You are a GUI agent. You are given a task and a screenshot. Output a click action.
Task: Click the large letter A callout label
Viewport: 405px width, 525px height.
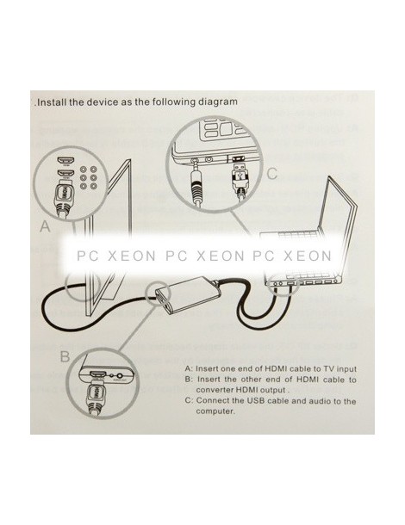pyautogui.click(x=45, y=226)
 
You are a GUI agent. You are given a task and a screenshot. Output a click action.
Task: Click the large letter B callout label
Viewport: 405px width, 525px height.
pyautogui.click(x=65, y=356)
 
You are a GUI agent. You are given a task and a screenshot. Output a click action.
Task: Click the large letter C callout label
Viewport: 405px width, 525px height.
pyautogui.click(x=272, y=173)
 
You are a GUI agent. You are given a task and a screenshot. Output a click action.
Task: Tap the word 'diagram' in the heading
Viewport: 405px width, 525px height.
pyautogui.click(x=218, y=102)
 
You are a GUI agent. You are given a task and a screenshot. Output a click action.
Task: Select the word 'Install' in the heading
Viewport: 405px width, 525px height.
pyautogui.click(x=52, y=102)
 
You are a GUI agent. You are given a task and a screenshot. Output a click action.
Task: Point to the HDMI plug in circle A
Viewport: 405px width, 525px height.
pyautogui.click(x=65, y=198)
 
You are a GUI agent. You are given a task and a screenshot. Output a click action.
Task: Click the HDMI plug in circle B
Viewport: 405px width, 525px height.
pyautogui.click(x=96, y=396)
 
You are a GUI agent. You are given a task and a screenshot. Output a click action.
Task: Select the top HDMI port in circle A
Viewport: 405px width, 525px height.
pyautogui.click(x=65, y=162)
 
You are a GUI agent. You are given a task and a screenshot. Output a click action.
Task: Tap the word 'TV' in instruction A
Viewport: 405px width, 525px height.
pyautogui.click(x=329, y=369)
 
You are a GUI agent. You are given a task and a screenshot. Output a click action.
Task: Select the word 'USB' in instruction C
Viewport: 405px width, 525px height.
pyautogui.click(x=255, y=400)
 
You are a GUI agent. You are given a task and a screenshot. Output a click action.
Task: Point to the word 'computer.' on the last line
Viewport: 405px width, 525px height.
pyautogui.click(x=215, y=411)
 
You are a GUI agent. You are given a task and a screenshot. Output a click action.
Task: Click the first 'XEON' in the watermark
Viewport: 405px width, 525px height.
pyautogui.click(x=132, y=256)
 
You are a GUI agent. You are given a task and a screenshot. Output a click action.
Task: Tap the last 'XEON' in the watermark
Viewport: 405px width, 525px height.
pyautogui.click(x=308, y=256)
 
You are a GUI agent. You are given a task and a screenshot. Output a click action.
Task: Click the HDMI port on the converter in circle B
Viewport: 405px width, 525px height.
pyautogui.click(x=98, y=374)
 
